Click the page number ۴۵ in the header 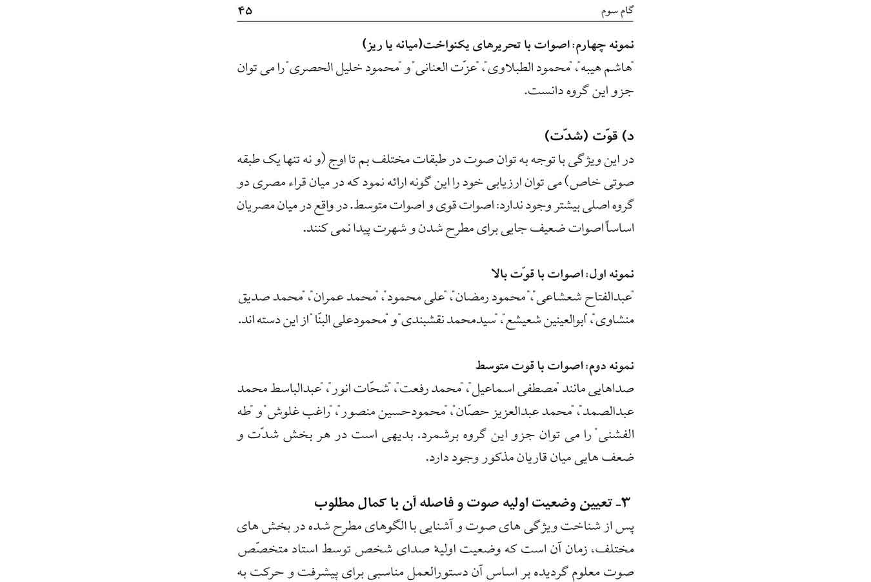point(245,10)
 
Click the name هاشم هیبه point(610,67)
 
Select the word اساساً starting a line point(619,228)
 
